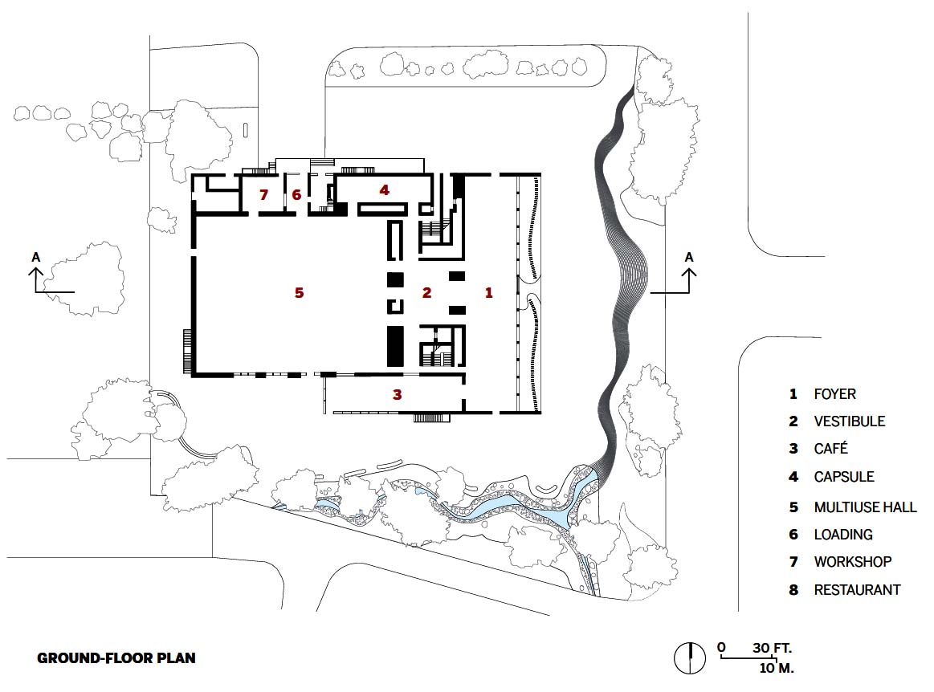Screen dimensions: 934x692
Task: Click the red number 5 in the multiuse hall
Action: point(299,292)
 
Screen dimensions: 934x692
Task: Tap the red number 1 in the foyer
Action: point(489,292)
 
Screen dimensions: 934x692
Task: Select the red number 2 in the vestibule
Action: point(426,292)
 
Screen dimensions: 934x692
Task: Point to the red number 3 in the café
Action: point(398,394)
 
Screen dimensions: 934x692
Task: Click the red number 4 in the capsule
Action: point(384,190)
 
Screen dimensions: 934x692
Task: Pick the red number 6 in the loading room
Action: point(296,195)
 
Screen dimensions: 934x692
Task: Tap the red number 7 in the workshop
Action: point(263,195)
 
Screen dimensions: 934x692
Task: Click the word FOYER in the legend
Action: point(834,394)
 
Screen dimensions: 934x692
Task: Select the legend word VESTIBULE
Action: point(850,421)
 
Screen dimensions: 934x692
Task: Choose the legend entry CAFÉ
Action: point(830,449)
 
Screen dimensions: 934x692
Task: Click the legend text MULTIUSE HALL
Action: point(865,507)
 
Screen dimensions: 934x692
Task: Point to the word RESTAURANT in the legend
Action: point(857,590)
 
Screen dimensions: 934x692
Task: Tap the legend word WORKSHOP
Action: point(852,562)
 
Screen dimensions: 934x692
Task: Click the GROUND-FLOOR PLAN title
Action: point(116,658)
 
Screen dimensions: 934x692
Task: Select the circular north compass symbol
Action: point(690,658)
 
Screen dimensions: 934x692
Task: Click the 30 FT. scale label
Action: point(772,648)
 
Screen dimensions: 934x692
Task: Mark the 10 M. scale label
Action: point(776,668)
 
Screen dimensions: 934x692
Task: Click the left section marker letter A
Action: point(36,257)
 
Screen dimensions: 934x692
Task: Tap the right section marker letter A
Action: point(689,257)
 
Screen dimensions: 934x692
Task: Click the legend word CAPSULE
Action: point(844,477)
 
